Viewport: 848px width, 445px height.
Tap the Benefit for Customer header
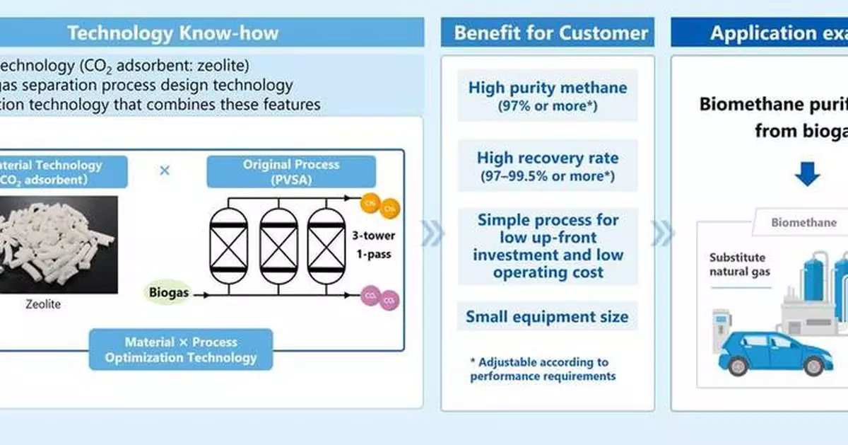coord(550,33)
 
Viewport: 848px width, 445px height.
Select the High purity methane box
coord(548,95)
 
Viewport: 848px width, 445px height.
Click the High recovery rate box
coord(548,166)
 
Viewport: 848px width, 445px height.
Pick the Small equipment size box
coord(547,316)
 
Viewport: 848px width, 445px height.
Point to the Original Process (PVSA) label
coord(291,172)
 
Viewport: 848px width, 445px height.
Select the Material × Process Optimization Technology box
coord(181,349)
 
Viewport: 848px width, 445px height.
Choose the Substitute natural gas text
coord(739,265)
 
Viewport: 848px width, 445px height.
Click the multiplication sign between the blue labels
coord(165,171)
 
